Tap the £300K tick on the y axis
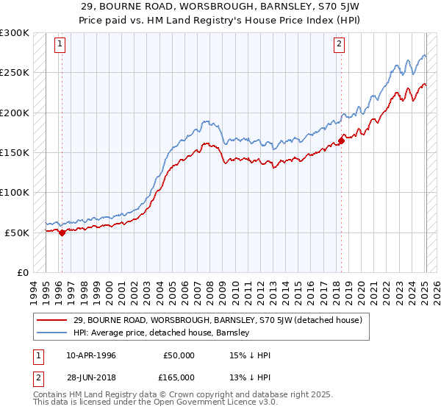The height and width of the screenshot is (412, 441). tap(15, 33)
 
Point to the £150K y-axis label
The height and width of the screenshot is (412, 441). tap(15, 152)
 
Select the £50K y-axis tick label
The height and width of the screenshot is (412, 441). tap(17, 232)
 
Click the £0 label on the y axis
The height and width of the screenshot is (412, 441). tap(22, 272)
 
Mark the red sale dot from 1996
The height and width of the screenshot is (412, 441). tap(62, 232)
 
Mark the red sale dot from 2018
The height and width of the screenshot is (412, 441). tap(342, 141)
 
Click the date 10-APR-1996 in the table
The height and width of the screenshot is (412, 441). tap(91, 355)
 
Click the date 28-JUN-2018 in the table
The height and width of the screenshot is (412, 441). tap(91, 378)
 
